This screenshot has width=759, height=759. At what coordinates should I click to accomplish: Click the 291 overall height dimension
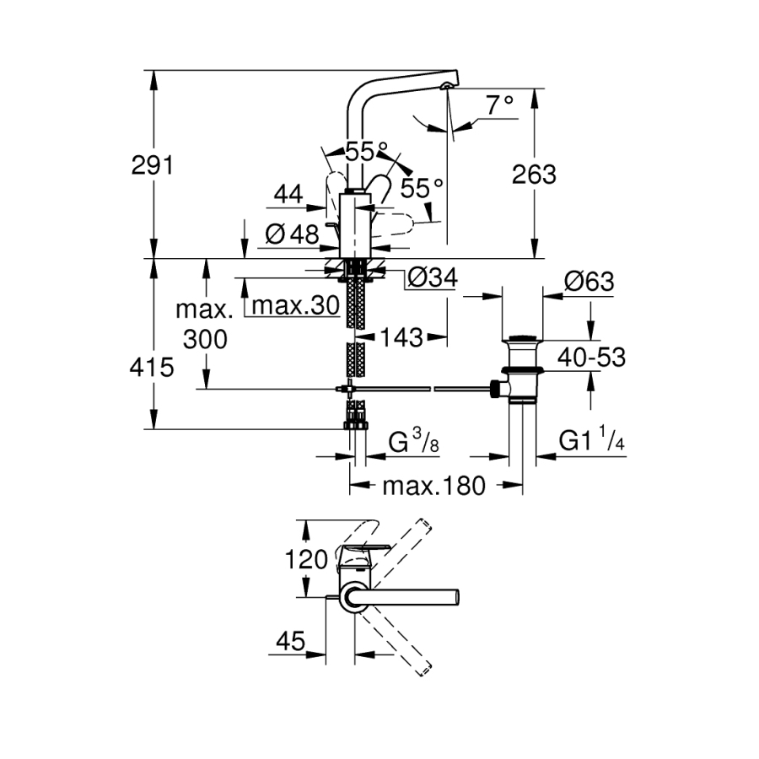[x=152, y=165]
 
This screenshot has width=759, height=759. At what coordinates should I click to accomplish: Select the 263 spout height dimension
[x=536, y=175]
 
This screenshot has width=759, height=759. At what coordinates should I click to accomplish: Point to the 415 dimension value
[x=152, y=368]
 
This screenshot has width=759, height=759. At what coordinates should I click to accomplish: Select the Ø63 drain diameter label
[x=589, y=282]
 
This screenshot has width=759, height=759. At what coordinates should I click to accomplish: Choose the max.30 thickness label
[x=295, y=305]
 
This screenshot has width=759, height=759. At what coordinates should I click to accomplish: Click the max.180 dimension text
[x=433, y=487]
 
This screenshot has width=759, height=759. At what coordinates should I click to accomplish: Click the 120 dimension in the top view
[x=306, y=558]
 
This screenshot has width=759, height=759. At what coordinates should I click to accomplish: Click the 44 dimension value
[x=288, y=195]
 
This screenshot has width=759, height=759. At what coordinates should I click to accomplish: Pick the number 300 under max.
[x=205, y=340]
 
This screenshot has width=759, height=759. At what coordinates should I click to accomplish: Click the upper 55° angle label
[x=359, y=153]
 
